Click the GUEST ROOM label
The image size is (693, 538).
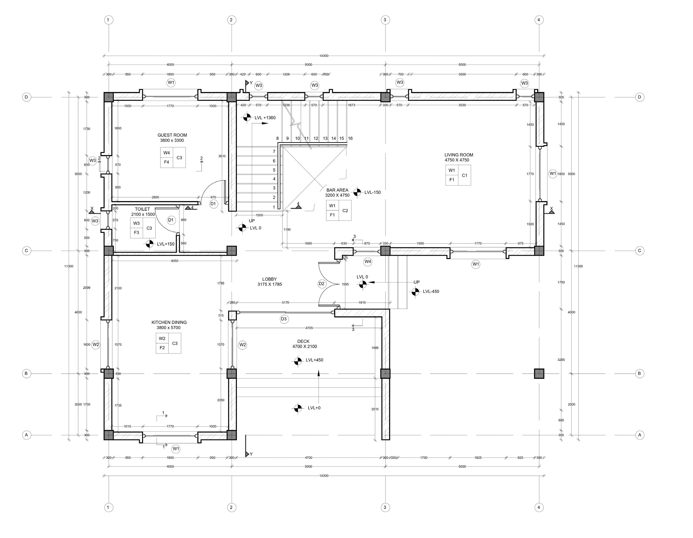coord(172,135)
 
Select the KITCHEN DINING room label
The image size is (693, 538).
coord(169,323)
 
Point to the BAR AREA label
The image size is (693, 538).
coord(337,190)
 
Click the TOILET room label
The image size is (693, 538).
coord(142,209)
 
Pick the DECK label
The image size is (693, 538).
coord(303,341)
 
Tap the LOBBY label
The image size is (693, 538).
coord(269,279)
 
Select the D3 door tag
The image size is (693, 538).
coord(284,319)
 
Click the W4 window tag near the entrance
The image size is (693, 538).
coord(368,262)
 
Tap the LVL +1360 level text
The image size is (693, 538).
coord(265,118)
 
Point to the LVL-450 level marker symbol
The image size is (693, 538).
coord(415,292)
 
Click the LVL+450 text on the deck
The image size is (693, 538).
coord(314,360)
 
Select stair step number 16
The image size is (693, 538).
coord(350,138)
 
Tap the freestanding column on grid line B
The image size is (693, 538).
coord(539,374)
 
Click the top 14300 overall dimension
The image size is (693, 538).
coord(324,56)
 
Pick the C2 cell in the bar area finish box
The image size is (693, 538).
coord(345,211)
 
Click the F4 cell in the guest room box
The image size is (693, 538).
coord(167,162)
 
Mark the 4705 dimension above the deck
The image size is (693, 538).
coord(309,328)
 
